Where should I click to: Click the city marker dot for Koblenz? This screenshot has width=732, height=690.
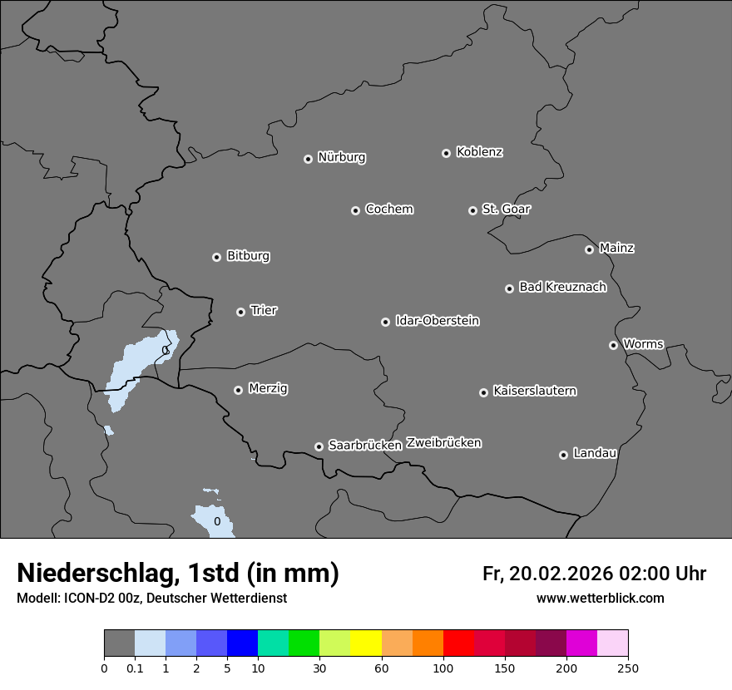(446, 153)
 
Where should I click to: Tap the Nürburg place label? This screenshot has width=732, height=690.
(342, 157)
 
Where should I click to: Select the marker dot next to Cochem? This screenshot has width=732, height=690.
(355, 210)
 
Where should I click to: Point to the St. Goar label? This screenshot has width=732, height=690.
(506, 209)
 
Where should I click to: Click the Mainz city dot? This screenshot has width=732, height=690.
(589, 249)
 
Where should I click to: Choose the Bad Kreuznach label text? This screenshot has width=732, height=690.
(562, 287)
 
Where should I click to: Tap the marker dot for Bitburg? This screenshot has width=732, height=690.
(216, 257)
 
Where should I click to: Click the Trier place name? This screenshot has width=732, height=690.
(264, 310)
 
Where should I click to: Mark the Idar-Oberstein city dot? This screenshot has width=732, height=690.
(385, 322)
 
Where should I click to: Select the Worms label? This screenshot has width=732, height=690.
(643, 343)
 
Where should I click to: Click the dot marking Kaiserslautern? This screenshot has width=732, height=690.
(483, 392)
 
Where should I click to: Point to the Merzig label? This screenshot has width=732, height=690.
(268, 388)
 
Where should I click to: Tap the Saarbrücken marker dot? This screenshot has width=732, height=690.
(319, 446)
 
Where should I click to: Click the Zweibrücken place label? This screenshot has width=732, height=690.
(443, 442)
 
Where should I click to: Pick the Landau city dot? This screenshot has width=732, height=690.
(563, 455)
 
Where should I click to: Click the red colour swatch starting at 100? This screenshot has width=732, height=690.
(458, 643)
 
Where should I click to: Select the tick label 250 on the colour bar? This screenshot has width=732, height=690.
(628, 667)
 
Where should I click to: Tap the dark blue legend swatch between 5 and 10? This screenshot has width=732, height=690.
(242, 643)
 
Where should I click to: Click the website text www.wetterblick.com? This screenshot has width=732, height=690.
(600, 599)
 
